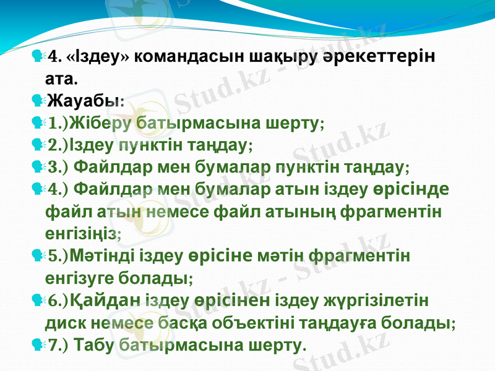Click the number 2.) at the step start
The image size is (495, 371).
tap(59, 145)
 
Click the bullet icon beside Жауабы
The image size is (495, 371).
tap(37, 99)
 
